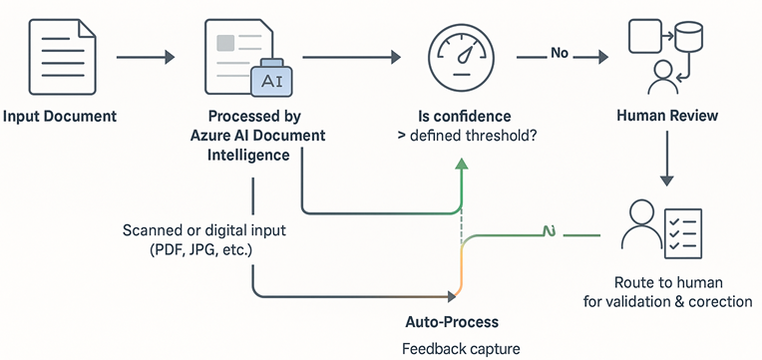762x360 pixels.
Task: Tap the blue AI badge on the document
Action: pos(270,76)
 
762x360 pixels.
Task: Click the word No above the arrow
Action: pos(560,53)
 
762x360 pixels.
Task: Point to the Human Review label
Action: pos(667,116)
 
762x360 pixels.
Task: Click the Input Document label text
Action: pos(60,116)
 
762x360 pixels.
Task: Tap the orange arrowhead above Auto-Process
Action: pos(455,295)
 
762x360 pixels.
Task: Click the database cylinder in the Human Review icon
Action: pos(688,37)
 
